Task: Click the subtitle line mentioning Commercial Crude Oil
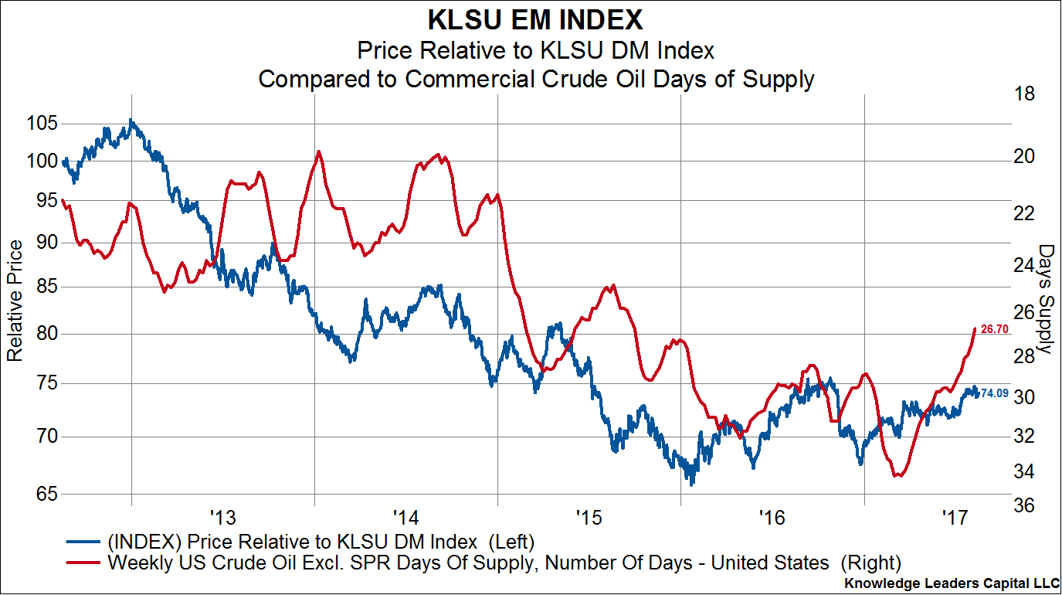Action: point(535,79)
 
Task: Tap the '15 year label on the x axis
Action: point(589,515)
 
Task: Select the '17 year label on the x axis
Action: point(955,515)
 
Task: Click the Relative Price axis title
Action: point(15,301)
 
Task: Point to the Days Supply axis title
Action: point(1046,299)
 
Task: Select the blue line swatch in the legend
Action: point(84,540)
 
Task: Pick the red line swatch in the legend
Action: point(84,562)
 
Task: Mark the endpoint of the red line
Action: point(975,328)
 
